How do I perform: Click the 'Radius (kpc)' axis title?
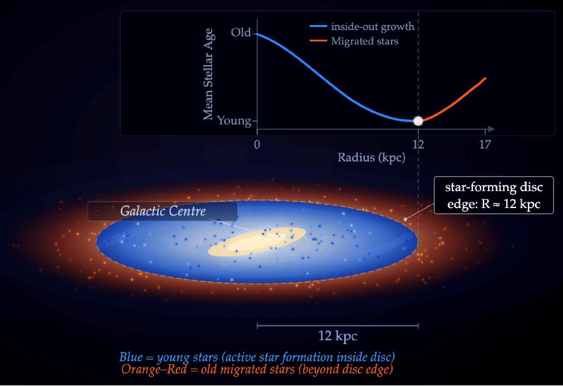pos(372,158)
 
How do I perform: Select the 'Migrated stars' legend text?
pos(365,41)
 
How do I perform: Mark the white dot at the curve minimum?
pos(418,121)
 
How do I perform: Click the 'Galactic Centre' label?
pos(163,211)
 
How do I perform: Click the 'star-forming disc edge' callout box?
pos(494,195)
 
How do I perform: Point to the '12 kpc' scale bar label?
pos(338,336)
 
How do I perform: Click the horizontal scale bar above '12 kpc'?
pos(337,325)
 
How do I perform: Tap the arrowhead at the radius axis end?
pos(492,129)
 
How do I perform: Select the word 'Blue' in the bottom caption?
pos(131,357)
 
